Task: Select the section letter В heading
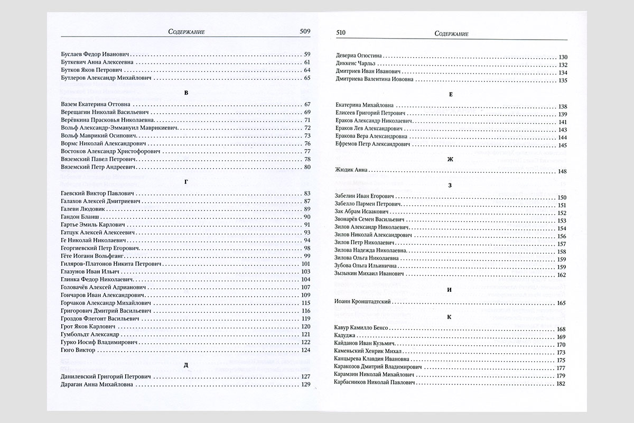185,93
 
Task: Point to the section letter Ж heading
451,159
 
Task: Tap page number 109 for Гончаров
305,295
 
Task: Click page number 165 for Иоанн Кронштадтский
562,302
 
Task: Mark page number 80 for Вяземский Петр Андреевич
306,167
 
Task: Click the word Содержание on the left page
185,32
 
